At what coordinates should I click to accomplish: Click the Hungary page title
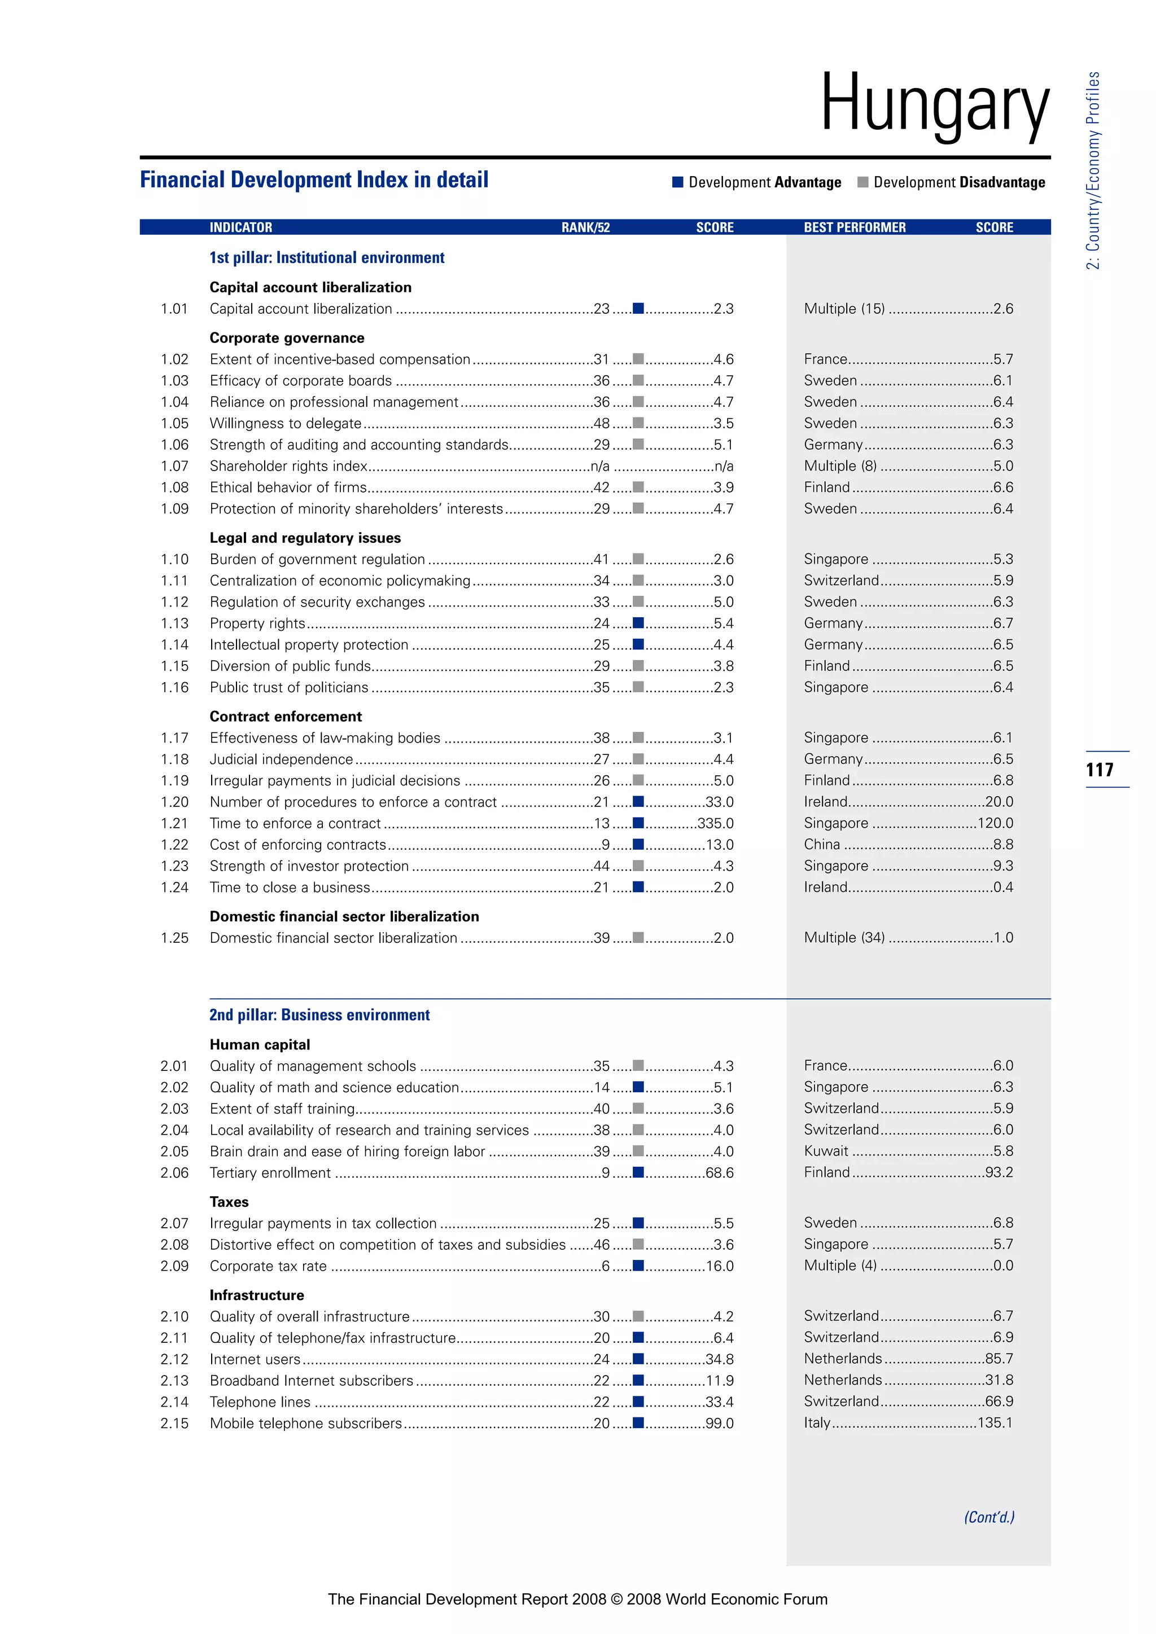point(935,104)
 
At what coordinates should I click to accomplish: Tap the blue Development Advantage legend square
point(678,182)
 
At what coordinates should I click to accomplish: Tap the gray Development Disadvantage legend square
point(862,182)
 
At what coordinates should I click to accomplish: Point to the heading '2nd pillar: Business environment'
point(319,1015)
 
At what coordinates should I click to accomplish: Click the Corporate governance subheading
point(287,338)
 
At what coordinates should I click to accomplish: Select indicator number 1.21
point(174,823)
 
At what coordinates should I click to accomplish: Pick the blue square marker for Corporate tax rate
point(638,1266)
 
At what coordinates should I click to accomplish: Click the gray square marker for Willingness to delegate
point(638,423)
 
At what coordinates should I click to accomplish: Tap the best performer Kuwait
point(826,1152)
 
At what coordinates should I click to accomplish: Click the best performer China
point(822,845)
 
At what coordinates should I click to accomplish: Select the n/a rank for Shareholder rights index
point(600,467)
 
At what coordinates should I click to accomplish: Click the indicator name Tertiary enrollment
point(270,1173)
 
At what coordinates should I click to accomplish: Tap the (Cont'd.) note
point(989,1517)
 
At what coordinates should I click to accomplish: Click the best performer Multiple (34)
point(844,938)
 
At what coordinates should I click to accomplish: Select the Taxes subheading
point(229,1202)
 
